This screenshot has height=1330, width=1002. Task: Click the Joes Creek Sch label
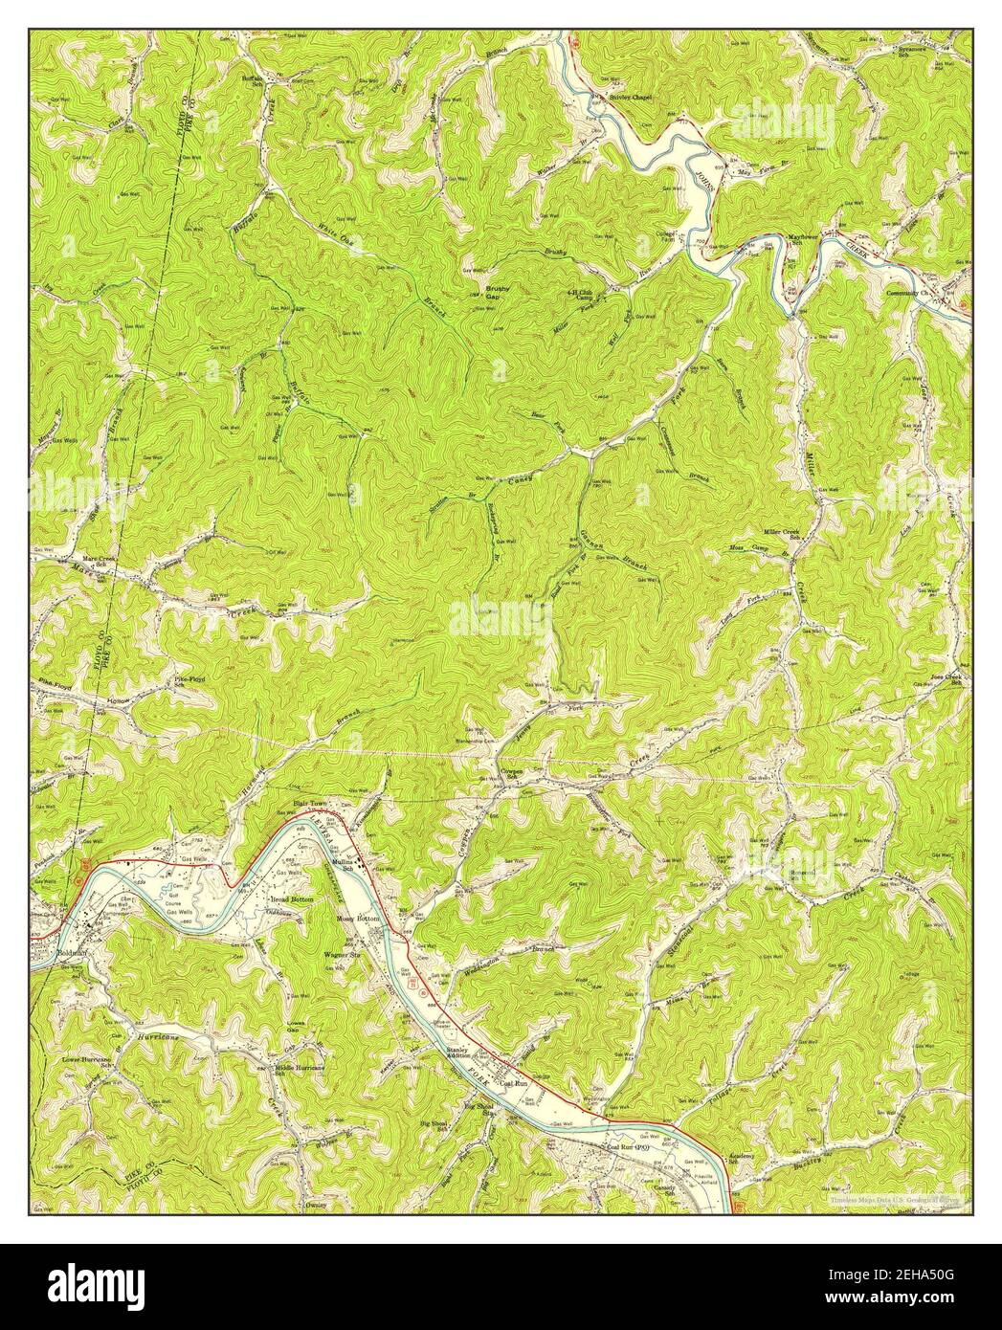951,680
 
